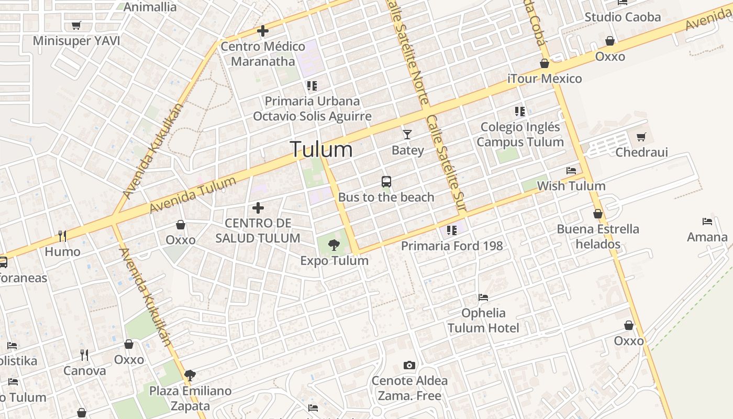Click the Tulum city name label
(321, 149)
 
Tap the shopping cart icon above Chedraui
(641, 137)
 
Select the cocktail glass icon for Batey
(407, 135)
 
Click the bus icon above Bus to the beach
(386, 182)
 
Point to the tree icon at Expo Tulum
(334, 245)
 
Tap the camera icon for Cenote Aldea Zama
(409, 365)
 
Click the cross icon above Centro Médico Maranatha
(263, 31)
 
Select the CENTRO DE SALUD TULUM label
(258, 230)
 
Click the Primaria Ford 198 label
(452, 246)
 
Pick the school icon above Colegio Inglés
(519, 111)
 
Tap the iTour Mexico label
(545, 79)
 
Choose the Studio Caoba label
(623, 17)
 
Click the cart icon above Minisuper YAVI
(76, 25)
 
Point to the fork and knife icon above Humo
(62, 236)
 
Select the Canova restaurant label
(84, 371)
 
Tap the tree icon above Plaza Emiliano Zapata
(190, 375)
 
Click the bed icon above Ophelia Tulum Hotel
(483, 297)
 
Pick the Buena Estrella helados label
(598, 236)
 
